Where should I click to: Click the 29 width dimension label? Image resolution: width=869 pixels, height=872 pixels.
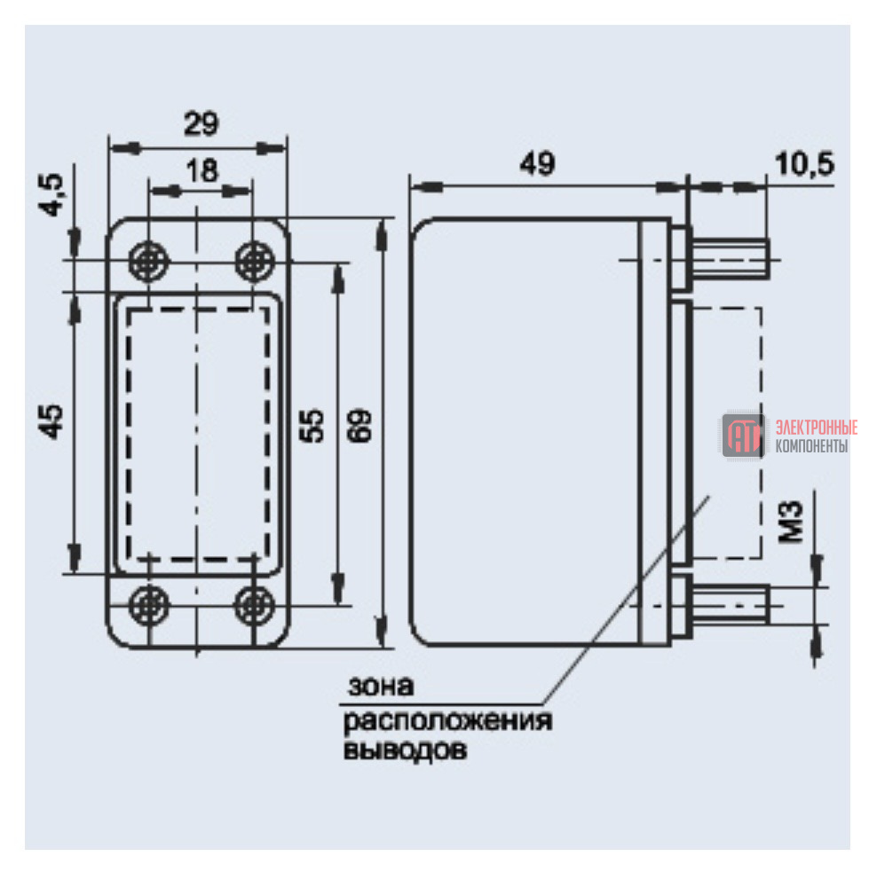point(201,123)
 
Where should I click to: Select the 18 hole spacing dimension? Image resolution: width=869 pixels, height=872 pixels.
point(202,170)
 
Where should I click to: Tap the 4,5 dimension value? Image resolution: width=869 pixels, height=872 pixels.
point(51,194)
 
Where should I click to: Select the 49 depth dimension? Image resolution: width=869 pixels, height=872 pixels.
point(537,163)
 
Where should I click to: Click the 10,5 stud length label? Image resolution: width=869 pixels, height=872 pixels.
point(804,164)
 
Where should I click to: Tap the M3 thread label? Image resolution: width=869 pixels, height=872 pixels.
point(791,522)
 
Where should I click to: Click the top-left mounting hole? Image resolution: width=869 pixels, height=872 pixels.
point(148,261)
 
